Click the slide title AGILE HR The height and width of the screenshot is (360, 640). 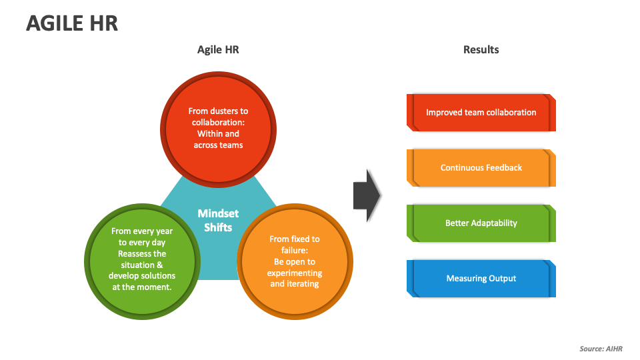tap(72, 23)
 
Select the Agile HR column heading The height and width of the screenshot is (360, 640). tap(218, 49)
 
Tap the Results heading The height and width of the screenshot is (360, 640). tap(481, 49)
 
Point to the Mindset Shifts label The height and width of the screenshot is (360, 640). tap(218, 220)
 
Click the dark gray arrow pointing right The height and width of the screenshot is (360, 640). tap(367, 196)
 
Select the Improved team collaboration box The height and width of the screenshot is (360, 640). tap(481, 113)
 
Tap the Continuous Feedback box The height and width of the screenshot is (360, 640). tap(481, 168)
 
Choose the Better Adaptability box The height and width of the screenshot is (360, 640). tap(481, 223)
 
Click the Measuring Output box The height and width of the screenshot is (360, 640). tap(481, 279)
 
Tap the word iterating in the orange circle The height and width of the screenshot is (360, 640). tap(303, 283)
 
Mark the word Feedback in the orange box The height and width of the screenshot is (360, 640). tap(504, 168)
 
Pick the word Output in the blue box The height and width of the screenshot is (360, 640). tap(501, 279)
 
